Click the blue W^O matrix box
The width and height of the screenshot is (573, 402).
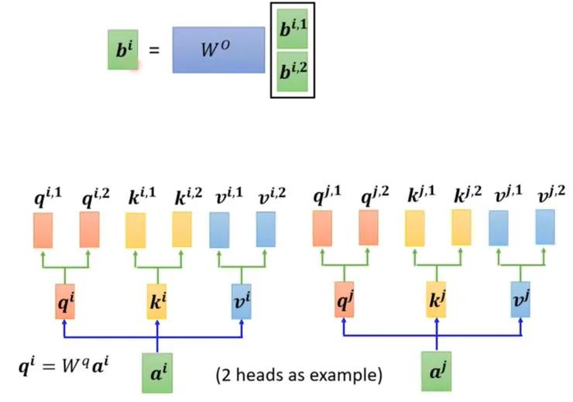(219, 50)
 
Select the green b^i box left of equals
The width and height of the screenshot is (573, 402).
(122, 50)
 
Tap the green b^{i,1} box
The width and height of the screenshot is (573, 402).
(292, 31)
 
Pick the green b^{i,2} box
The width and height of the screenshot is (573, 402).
(292, 73)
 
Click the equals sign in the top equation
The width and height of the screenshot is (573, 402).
(153, 51)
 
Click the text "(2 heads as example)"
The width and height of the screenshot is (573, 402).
(299, 376)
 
